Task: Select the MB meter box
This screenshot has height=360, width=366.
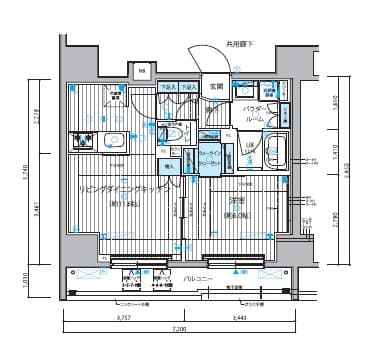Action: click(x=142, y=71)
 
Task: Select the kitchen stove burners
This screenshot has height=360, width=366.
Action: click(x=107, y=141)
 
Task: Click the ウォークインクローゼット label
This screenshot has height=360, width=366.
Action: click(x=210, y=158)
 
